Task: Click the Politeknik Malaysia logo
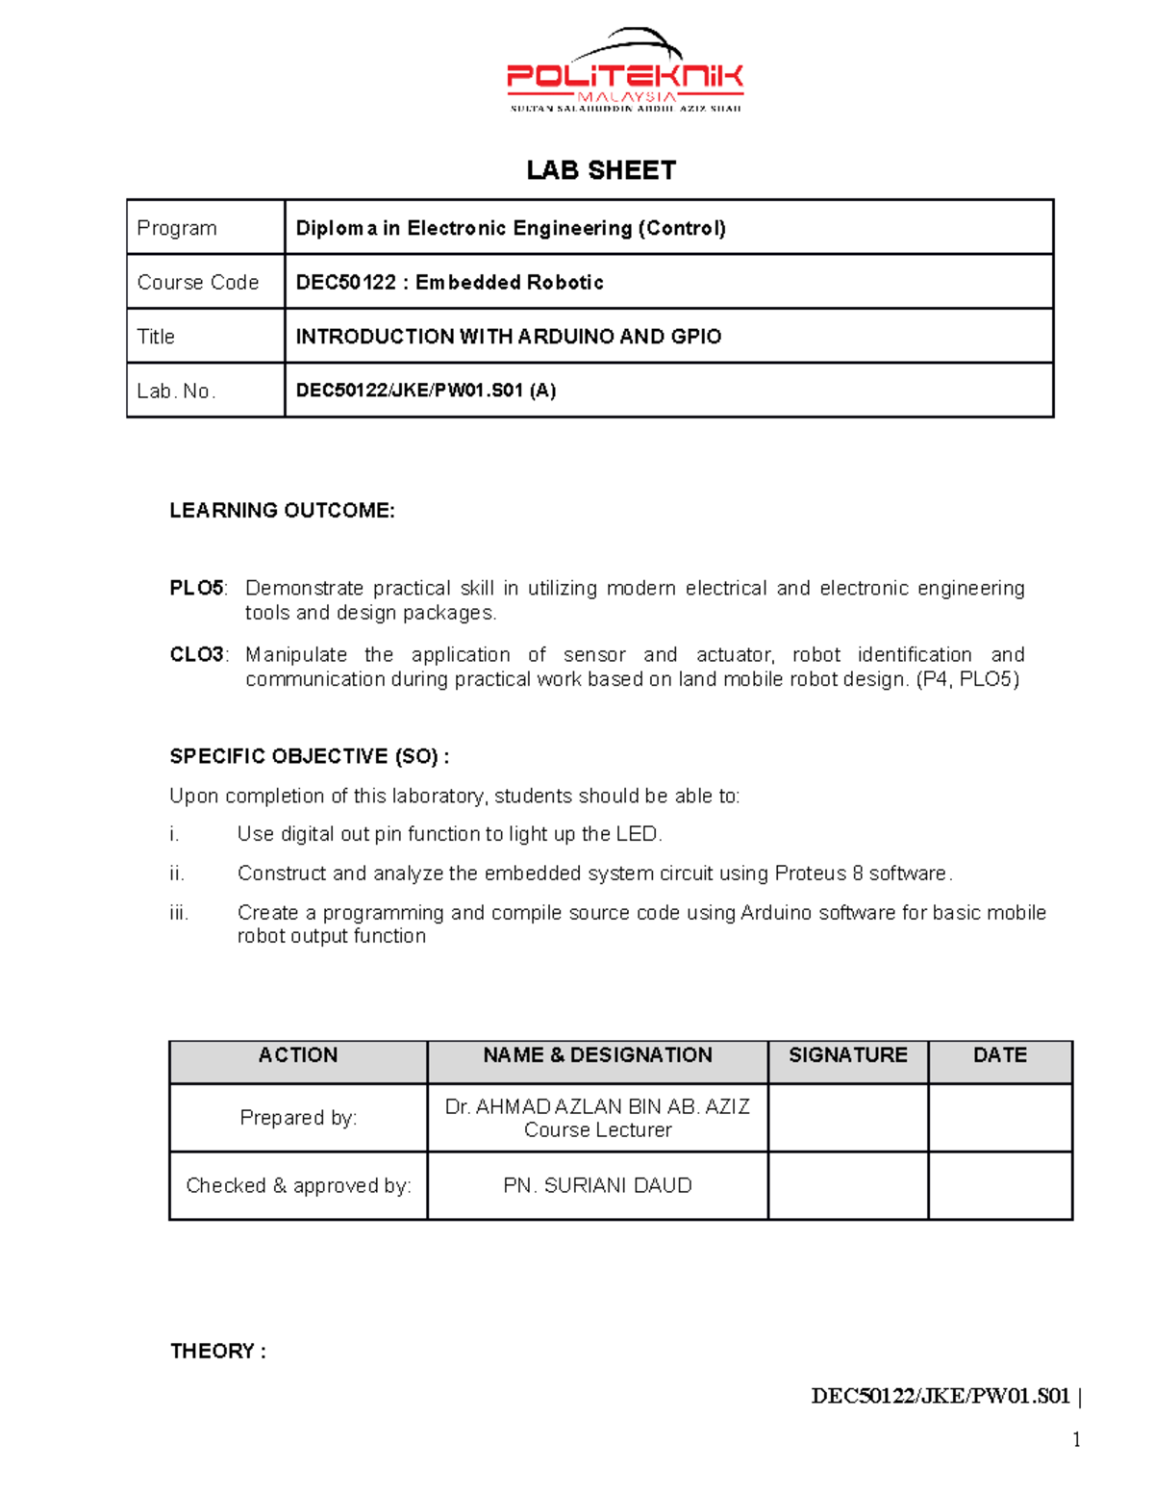pyautogui.click(x=625, y=73)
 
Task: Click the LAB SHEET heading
pyautogui.click(x=601, y=170)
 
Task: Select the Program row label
pyautogui.click(x=177, y=228)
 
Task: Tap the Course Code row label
pyautogui.click(x=198, y=282)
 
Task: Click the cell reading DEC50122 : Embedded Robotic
pyautogui.click(x=450, y=282)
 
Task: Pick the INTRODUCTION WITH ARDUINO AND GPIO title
pyautogui.click(x=508, y=337)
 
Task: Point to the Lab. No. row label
pyautogui.click(x=176, y=391)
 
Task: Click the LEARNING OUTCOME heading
pyautogui.click(x=282, y=511)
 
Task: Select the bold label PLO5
pyautogui.click(x=196, y=588)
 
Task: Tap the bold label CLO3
pyautogui.click(x=196, y=654)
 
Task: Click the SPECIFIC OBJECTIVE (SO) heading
pyautogui.click(x=309, y=756)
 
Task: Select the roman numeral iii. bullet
pyautogui.click(x=179, y=913)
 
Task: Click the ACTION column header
pyautogui.click(x=298, y=1055)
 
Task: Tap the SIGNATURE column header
pyautogui.click(x=847, y=1055)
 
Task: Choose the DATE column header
pyautogui.click(x=999, y=1055)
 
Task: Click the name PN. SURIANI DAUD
pyautogui.click(x=597, y=1185)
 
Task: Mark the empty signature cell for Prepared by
pyautogui.click(x=847, y=1118)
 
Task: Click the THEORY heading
pyautogui.click(x=217, y=1351)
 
